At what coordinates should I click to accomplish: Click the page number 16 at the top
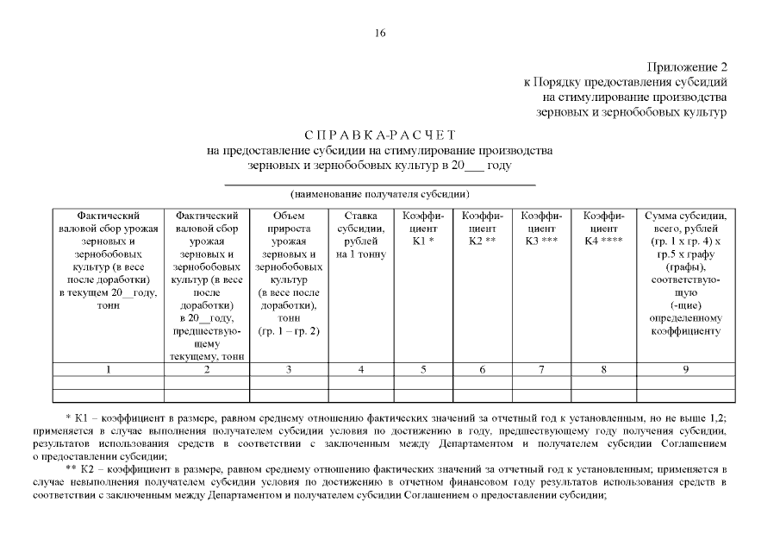pyautogui.click(x=381, y=34)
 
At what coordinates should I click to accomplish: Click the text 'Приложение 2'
pyautogui.click(x=687, y=66)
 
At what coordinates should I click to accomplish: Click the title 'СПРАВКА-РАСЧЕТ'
pyautogui.click(x=380, y=135)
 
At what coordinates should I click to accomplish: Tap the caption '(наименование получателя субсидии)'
pyautogui.click(x=380, y=194)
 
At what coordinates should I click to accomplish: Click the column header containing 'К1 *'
pyautogui.click(x=422, y=229)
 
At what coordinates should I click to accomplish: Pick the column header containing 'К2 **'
pyautogui.click(x=482, y=229)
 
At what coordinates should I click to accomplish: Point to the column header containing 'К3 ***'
pyautogui.click(x=541, y=229)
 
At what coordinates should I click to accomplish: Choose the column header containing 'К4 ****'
pyautogui.click(x=601, y=229)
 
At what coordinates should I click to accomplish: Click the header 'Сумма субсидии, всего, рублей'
pyautogui.click(x=685, y=223)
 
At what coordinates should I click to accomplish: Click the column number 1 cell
pyautogui.click(x=108, y=369)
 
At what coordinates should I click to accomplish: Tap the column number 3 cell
pyautogui.click(x=289, y=369)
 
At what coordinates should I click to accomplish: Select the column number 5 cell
pyautogui.click(x=422, y=369)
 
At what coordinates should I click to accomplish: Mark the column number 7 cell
pyautogui.click(x=541, y=369)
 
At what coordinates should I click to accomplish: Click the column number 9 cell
pyautogui.click(x=685, y=369)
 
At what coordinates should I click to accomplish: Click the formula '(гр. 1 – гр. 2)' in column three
pyautogui.click(x=289, y=331)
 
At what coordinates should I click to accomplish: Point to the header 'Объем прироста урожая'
pyautogui.click(x=289, y=229)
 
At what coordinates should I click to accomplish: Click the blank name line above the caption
pyautogui.click(x=380, y=184)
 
